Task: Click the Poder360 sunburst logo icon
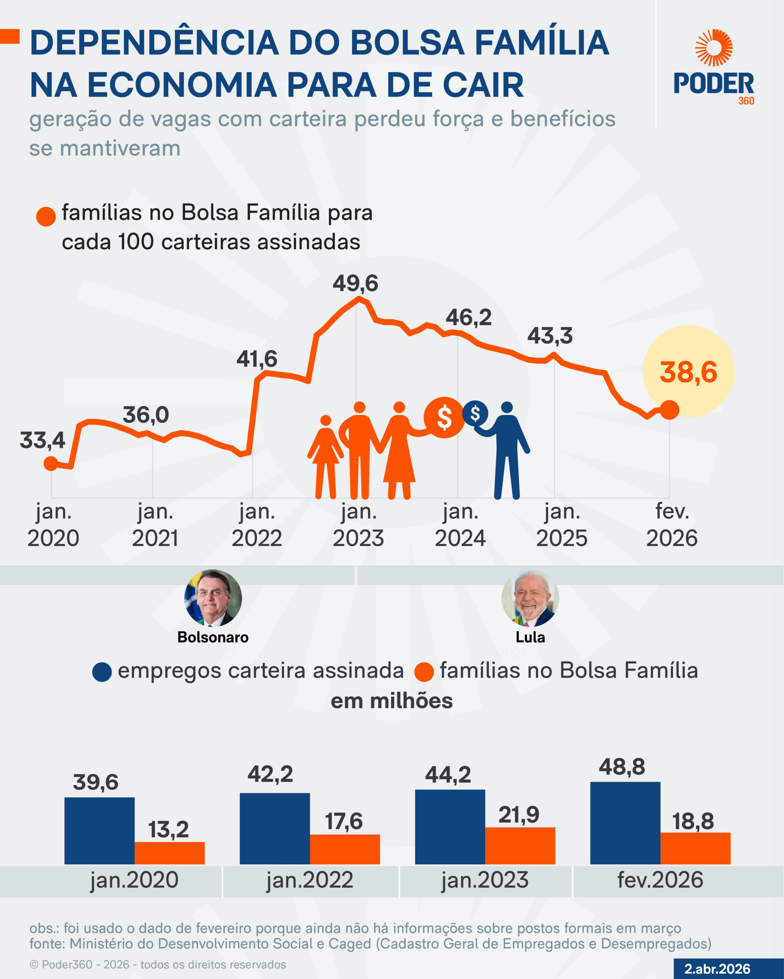pyautogui.click(x=714, y=48)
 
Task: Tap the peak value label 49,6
pyautogui.click(x=355, y=283)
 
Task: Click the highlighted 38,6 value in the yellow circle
pyautogui.click(x=688, y=372)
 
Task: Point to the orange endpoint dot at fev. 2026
pyautogui.click(x=669, y=410)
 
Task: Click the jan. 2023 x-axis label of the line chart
pyautogui.click(x=359, y=525)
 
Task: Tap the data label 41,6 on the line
pyautogui.click(x=257, y=359)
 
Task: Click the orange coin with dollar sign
pyautogui.click(x=444, y=417)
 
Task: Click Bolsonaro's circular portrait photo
pyautogui.click(x=213, y=598)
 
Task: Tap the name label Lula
pyautogui.click(x=530, y=637)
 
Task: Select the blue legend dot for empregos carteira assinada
pyautogui.click(x=102, y=672)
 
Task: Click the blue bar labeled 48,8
pyautogui.click(x=625, y=823)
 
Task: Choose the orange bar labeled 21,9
pyautogui.click(x=520, y=845)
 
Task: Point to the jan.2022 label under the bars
pyautogui.click(x=310, y=880)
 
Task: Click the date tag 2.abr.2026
pyautogui.click(x=717, y=969)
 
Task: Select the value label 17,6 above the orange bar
pyautogui.click(x=344, y=821)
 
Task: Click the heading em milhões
pyautogui.click(x=391, y=701)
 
